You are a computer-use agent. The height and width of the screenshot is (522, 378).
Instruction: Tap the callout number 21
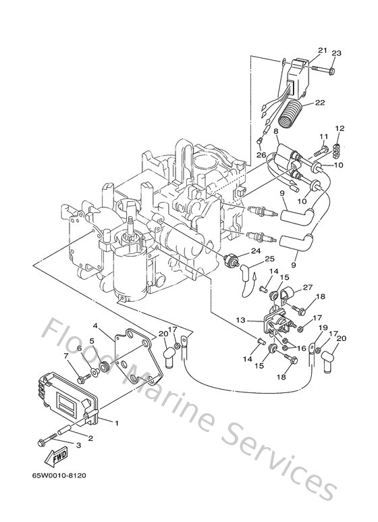click(x=322, y=50)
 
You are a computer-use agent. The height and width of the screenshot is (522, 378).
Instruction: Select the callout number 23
click(x=337, y=53)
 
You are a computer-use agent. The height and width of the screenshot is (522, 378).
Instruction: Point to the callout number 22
click(x=321, y=102)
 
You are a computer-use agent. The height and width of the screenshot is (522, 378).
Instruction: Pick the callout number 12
click(x=340, y=128)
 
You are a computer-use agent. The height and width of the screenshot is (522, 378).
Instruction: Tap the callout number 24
click(x=255, y=251)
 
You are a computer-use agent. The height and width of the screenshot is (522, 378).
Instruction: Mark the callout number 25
click(x=269, y=259)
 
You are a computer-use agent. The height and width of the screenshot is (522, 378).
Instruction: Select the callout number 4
click(x=97, y=325)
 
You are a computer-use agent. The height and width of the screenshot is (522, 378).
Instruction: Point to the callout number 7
click(x=66, y=356)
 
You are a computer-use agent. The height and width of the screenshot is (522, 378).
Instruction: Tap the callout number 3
click(x=78, y=445)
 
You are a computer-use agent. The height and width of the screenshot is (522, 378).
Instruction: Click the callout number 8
click(x=276, y=133)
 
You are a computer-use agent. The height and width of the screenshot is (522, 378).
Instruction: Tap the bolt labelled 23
click(x=328, y=69)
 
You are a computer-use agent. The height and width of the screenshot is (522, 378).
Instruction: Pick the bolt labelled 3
click(x=49, y=440)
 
